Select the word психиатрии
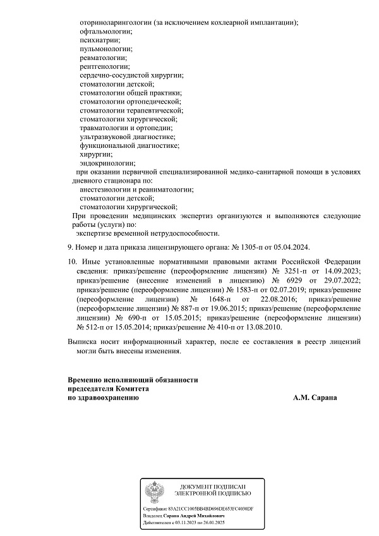tap(100, 40)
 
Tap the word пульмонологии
tap(106, 49)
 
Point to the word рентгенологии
tap(104, 66)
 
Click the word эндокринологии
tap(107, 163)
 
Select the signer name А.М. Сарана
tap(315, 398)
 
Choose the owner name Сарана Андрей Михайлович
tap(195, 516)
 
